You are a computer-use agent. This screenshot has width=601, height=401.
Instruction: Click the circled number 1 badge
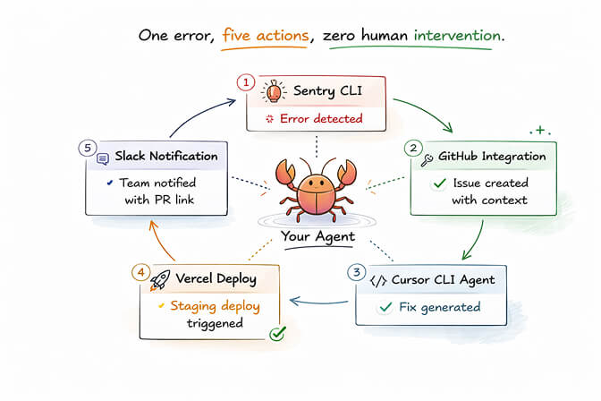point(246,81)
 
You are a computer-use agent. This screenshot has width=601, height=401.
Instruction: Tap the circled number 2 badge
point(412,147)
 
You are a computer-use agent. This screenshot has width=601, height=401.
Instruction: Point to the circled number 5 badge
point(85,147)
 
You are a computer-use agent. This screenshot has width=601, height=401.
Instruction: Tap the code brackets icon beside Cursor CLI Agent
point(377,280)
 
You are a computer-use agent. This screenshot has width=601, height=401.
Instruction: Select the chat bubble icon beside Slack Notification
point(103,158)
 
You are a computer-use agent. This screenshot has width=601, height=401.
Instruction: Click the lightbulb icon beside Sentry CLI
point(270,92)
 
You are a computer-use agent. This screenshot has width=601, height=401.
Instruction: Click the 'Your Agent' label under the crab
point(318,237)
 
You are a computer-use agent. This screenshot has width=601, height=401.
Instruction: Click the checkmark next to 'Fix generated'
point(385,307)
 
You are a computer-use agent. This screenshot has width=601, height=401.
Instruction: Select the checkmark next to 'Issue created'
point(438,183)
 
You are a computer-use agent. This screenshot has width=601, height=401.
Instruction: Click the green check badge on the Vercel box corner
point(278,334)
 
